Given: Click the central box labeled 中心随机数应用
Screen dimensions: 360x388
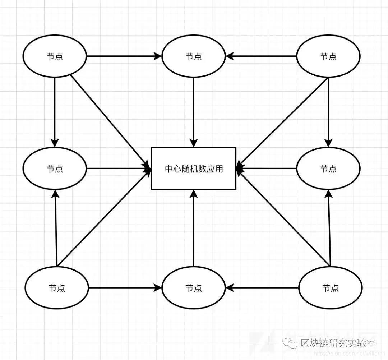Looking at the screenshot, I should (194, 168).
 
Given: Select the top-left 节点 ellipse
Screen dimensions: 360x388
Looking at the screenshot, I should (55, 56).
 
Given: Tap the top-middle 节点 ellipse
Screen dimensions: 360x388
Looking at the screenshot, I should (194, 56).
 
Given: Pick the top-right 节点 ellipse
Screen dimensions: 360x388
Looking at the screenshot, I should (328, 56).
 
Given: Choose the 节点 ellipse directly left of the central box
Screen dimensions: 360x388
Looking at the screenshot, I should (55, 168).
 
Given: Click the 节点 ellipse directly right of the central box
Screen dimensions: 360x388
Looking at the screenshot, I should (328, 168).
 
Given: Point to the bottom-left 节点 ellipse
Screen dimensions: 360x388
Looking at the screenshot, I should (57, 288).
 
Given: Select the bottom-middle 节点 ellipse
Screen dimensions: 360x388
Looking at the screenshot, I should (194, 288).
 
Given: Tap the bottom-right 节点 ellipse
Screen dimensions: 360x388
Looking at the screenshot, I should (331, 288).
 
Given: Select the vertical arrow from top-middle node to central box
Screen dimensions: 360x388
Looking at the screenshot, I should (194, 111).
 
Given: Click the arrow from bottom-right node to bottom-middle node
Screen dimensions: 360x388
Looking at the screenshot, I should (262, 288).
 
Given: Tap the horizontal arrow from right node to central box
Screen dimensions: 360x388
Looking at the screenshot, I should (268, 168).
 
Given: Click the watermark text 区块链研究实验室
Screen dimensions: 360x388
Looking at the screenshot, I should (338, 343).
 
